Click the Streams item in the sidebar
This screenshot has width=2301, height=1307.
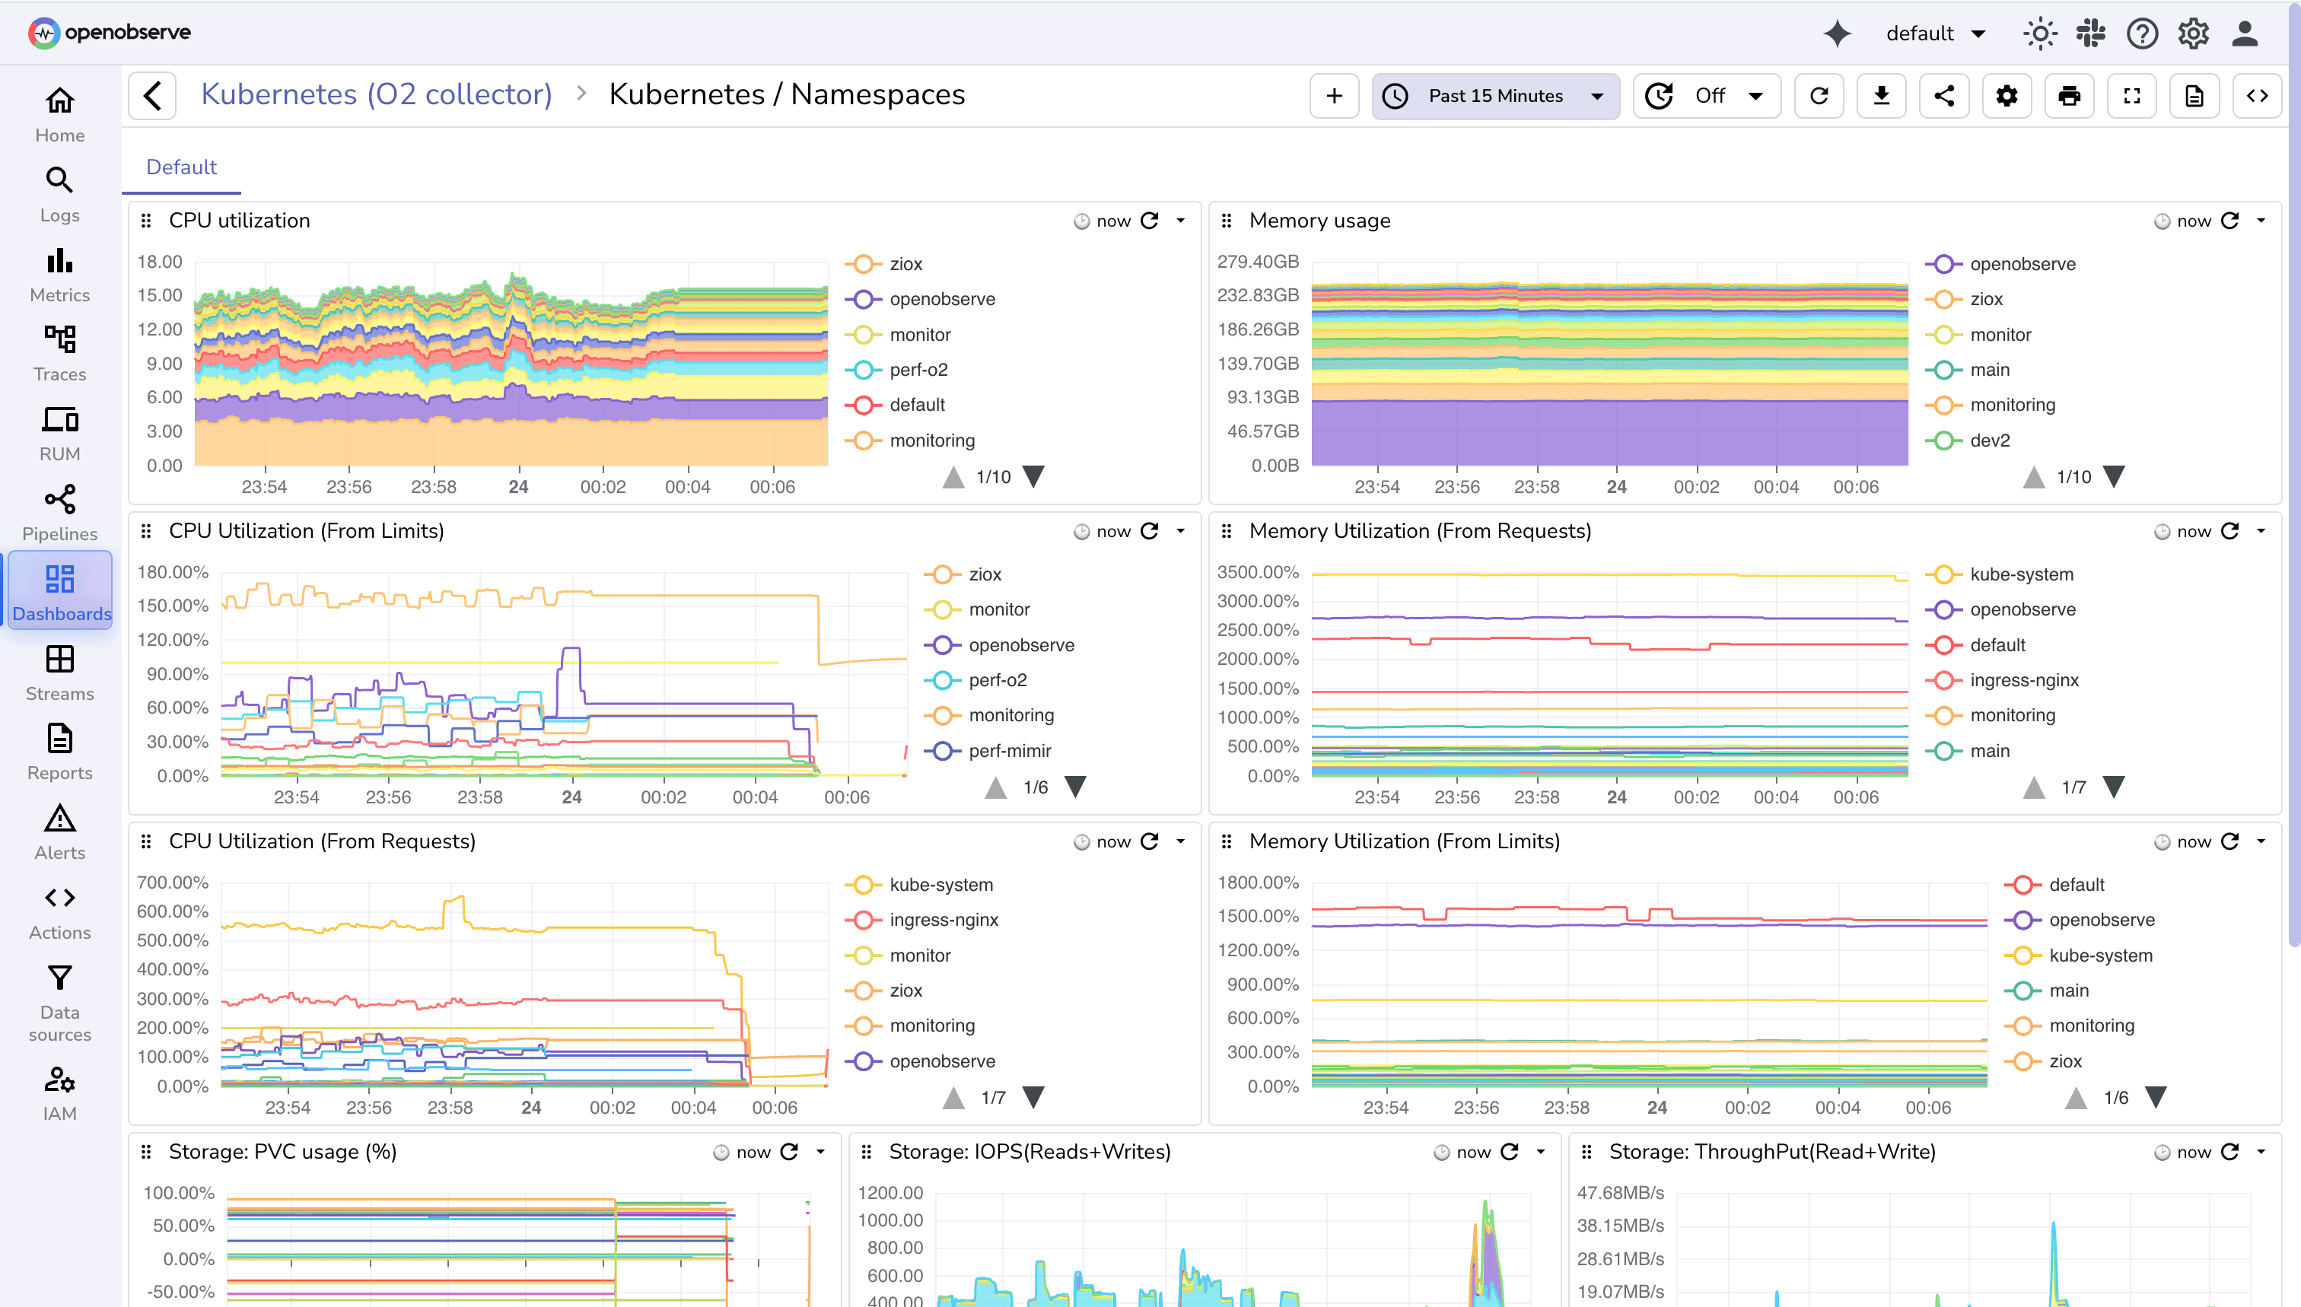click(x=59, y=673)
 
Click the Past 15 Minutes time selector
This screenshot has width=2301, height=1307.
click(x=1494, y=96)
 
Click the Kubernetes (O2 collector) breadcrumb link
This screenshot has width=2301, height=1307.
click(x=376, y=94)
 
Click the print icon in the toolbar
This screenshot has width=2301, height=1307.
click(x=2068, y=96)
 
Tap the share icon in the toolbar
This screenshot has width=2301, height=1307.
click(x=1943, y=96)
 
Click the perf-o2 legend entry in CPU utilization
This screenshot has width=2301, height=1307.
click(x=918, y=370)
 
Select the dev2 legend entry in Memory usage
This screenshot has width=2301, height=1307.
click(x=1990, y=440)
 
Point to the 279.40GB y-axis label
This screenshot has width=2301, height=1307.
click(x=1257, y=261)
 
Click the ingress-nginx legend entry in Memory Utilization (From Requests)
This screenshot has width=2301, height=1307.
click(x=2023, y=680)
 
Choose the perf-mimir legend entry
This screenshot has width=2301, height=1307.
click(x=1009, y=750)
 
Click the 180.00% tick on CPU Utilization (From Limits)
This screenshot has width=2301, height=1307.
click(x=173, y=572)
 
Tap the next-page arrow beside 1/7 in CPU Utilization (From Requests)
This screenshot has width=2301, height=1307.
click(x=1034, y=1097)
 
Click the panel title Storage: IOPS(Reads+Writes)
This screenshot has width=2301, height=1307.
click(x=1029, y=1152)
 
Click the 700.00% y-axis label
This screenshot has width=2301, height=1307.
click(x=173, y=882)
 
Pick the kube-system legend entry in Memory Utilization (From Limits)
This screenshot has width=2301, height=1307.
click(x=2100, y=955)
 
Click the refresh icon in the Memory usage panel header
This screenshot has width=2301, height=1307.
click(x=2230, y=221)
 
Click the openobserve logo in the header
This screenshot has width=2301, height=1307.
click(x=110, y=32)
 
